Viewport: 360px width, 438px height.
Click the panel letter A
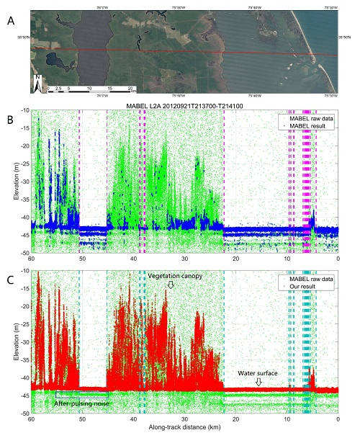[x=11, y=21]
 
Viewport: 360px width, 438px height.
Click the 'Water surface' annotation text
[x=258, y=373]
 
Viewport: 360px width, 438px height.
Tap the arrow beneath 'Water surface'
[x=258, y=383]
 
